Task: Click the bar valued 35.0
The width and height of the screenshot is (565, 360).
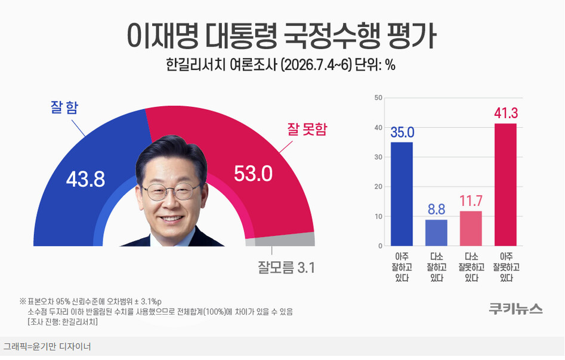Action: (402, 194)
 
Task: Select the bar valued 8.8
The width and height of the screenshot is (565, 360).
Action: (436, 233)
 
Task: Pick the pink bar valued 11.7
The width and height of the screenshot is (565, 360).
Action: (471, 228)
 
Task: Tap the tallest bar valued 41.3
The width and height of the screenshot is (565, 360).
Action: (505, 184)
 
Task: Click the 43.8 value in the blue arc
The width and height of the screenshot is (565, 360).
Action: (85, 179)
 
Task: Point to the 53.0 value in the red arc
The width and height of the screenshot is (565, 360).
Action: (254, 174)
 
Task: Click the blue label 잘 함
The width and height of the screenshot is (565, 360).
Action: (64, 107)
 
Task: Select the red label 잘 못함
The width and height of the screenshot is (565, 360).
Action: (307, 129)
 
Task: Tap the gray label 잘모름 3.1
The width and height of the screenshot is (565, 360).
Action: (286, 267)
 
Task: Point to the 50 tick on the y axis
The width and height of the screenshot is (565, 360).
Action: (378, 98)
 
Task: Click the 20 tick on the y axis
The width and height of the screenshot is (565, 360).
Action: (378, 187)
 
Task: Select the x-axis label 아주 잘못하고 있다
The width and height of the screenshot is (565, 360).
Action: (507, 267)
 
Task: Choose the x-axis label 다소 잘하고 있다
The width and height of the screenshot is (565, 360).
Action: (436, 267)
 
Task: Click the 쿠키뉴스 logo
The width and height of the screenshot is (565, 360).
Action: (515, 309)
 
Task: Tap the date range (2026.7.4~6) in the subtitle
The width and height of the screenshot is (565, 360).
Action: (316, 65)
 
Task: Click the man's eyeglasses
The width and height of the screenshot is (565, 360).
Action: (171, 192)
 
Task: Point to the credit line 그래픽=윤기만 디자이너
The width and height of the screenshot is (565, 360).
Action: (47, 347)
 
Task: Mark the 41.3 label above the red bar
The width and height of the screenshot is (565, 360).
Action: (506, 113)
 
